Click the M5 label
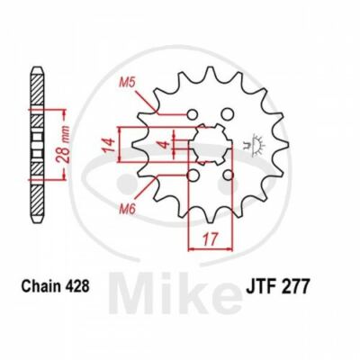[x=130, y=87]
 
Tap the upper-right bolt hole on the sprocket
[x=227, y=114]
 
